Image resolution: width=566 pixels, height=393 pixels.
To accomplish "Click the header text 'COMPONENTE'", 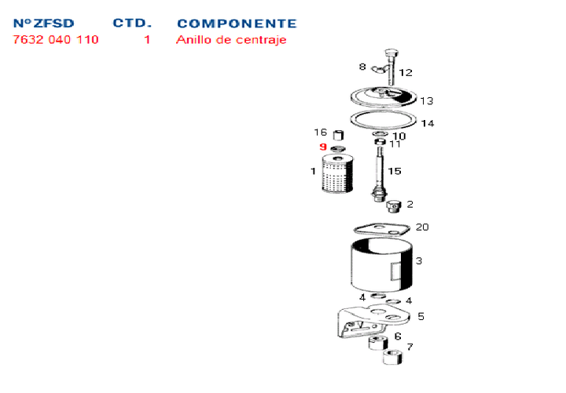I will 237,24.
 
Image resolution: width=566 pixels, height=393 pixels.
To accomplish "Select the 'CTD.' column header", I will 132,24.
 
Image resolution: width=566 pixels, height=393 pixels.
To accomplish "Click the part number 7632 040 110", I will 56,39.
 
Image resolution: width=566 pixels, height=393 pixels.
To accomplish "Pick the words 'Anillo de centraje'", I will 231,39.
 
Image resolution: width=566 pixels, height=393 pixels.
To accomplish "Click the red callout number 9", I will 322,147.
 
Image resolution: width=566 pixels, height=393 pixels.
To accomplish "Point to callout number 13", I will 426,101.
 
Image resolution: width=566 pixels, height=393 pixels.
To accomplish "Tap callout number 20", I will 422,227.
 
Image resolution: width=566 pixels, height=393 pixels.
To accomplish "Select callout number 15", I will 395,171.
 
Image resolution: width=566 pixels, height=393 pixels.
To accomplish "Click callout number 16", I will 320,133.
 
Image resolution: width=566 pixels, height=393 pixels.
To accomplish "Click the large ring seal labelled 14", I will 383,120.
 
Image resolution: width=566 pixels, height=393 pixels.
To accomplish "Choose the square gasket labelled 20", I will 381,229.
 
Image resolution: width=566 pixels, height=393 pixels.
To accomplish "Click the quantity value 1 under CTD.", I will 147,39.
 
